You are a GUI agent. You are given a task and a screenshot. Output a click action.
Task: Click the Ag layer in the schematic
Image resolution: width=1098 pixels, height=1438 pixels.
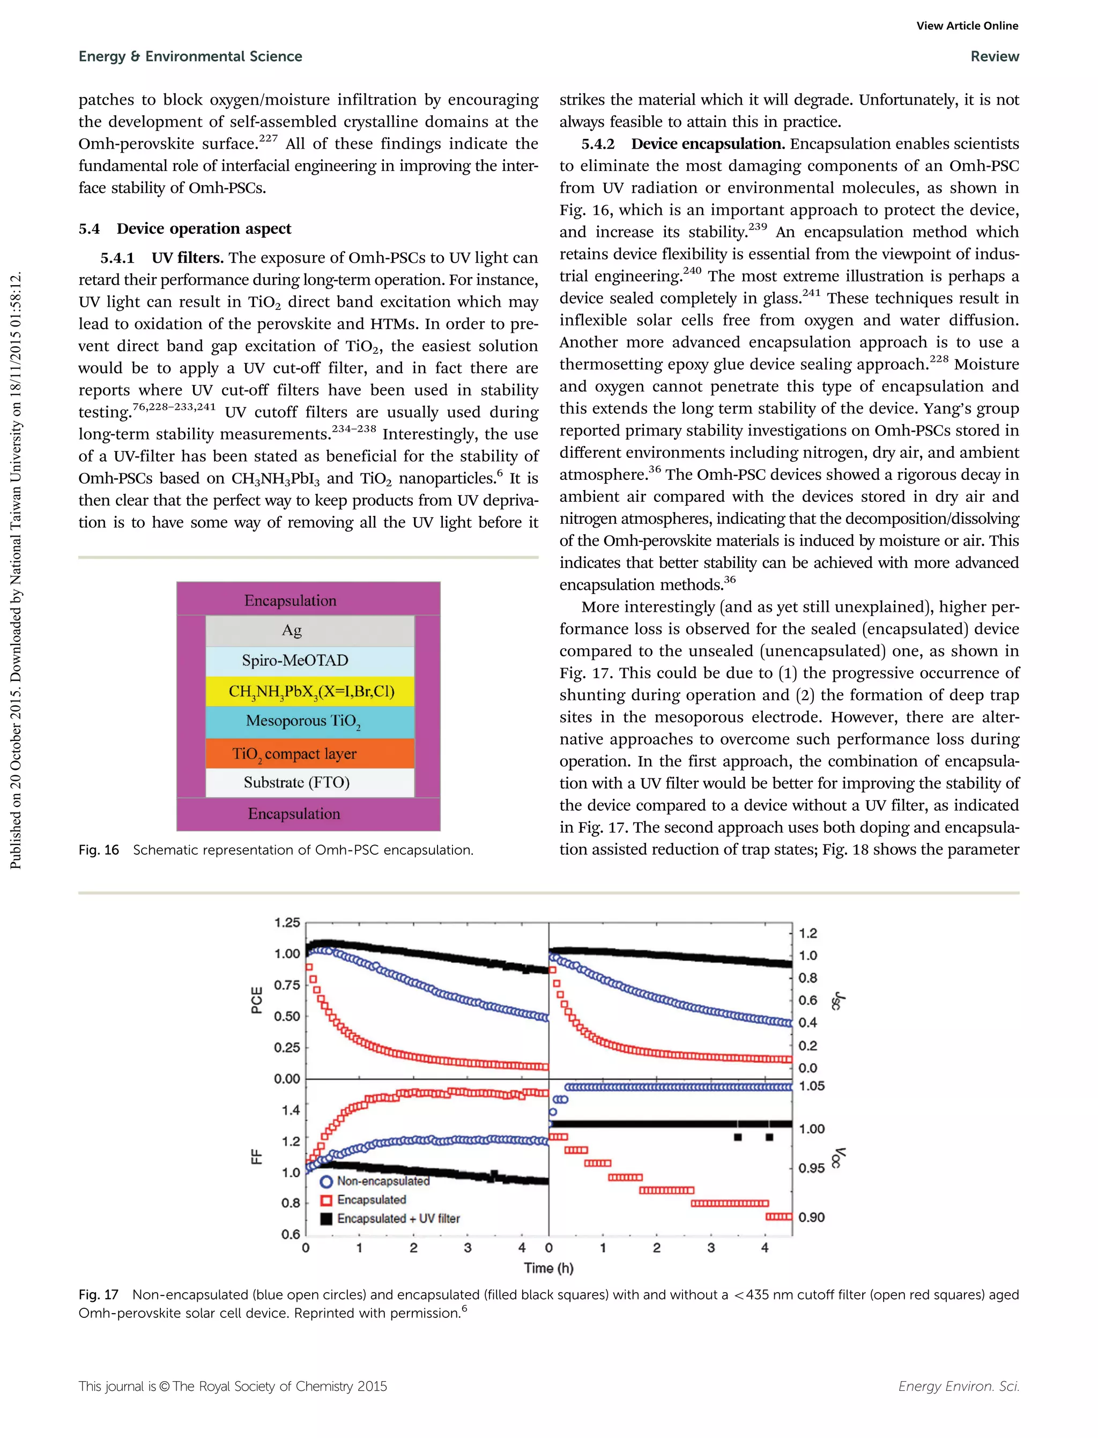(309, 631)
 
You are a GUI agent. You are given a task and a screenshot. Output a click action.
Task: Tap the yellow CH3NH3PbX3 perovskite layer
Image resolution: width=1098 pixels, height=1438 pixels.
(310, 691)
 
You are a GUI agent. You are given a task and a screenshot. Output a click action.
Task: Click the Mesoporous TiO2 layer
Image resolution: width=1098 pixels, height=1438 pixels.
(309, 722)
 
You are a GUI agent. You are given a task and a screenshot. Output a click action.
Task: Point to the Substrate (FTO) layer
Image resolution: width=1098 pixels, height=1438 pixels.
(309, 782)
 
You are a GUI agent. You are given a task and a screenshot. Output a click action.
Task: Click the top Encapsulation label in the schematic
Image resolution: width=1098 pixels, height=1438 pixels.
(291, 601)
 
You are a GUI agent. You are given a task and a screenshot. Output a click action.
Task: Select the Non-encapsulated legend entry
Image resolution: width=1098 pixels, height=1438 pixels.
(382, 1181)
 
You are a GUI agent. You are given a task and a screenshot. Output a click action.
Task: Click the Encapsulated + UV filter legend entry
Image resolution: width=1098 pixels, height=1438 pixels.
(397, 1218)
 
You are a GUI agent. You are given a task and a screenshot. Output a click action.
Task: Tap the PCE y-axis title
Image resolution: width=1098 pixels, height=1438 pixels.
(257, 1000)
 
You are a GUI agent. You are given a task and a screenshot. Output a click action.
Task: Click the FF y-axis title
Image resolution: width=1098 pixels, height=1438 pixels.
(257, 1157)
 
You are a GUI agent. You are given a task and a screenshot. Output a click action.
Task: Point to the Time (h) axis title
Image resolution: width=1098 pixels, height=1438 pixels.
(548, 1268)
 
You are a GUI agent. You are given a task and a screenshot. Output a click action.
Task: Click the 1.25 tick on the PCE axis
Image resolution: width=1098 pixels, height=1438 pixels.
(287, 923)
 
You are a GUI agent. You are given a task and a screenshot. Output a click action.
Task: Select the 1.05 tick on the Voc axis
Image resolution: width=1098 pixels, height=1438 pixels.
(812, 1086)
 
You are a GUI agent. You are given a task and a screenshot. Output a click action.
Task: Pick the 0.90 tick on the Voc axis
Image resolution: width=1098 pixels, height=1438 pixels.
(812, 1217)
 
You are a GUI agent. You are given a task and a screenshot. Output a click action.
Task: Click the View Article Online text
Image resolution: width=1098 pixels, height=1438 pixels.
(967, 26)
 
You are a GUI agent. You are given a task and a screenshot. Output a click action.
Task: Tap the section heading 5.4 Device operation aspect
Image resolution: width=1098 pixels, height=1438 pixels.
(185, 229)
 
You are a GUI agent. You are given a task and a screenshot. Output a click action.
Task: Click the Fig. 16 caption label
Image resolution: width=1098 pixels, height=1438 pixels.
(99, 850)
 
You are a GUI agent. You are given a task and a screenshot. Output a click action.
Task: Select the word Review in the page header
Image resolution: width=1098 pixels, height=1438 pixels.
(994, 56)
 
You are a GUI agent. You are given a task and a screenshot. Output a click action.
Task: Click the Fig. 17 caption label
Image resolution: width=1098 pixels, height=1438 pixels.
(99, 1294)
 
